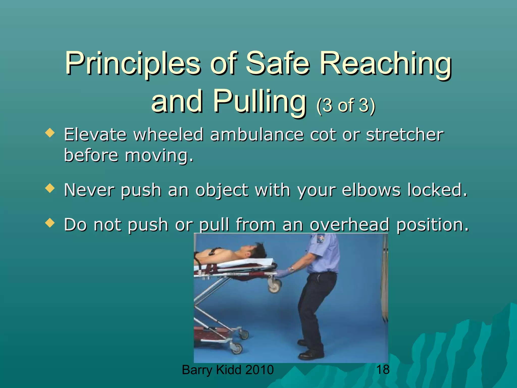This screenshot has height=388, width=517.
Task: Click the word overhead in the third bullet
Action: [349, 225]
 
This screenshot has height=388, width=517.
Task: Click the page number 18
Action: [383, 370]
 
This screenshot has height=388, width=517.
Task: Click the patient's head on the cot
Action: [255, 250]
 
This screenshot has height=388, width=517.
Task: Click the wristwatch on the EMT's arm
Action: [292, 269]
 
